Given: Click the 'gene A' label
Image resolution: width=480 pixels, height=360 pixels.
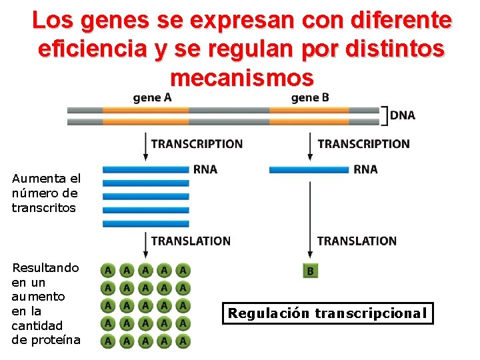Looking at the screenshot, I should point(152,97).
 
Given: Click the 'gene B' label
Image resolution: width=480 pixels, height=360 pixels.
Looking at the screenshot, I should point(309,97).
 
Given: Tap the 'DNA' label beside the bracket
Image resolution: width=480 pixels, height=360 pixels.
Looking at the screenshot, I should point(402,115).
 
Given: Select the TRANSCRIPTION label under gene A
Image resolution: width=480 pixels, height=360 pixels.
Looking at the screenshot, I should point(197,144).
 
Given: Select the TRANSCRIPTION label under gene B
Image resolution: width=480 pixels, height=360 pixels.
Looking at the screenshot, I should point(363,144).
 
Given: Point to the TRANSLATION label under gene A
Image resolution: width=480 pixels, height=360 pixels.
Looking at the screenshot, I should point(191,241).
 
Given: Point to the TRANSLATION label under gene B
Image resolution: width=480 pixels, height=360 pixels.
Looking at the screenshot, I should point(357,241).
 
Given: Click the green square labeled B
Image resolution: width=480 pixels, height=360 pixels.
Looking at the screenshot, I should point(309,271).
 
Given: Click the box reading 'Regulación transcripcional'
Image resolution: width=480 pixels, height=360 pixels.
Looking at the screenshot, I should point(327,313).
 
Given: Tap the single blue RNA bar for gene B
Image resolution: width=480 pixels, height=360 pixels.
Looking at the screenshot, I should point(309,170).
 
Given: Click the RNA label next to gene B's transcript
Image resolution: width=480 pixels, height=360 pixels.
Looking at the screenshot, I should point(365,169).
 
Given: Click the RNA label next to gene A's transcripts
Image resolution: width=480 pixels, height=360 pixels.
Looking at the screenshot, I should point(205,169).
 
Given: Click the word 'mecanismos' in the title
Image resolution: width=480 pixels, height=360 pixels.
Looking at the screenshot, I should point(241,78).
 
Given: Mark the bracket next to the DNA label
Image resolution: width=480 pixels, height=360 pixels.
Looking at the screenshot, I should point(383,115).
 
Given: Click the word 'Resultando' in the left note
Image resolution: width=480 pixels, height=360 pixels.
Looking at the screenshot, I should point(45,268).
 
